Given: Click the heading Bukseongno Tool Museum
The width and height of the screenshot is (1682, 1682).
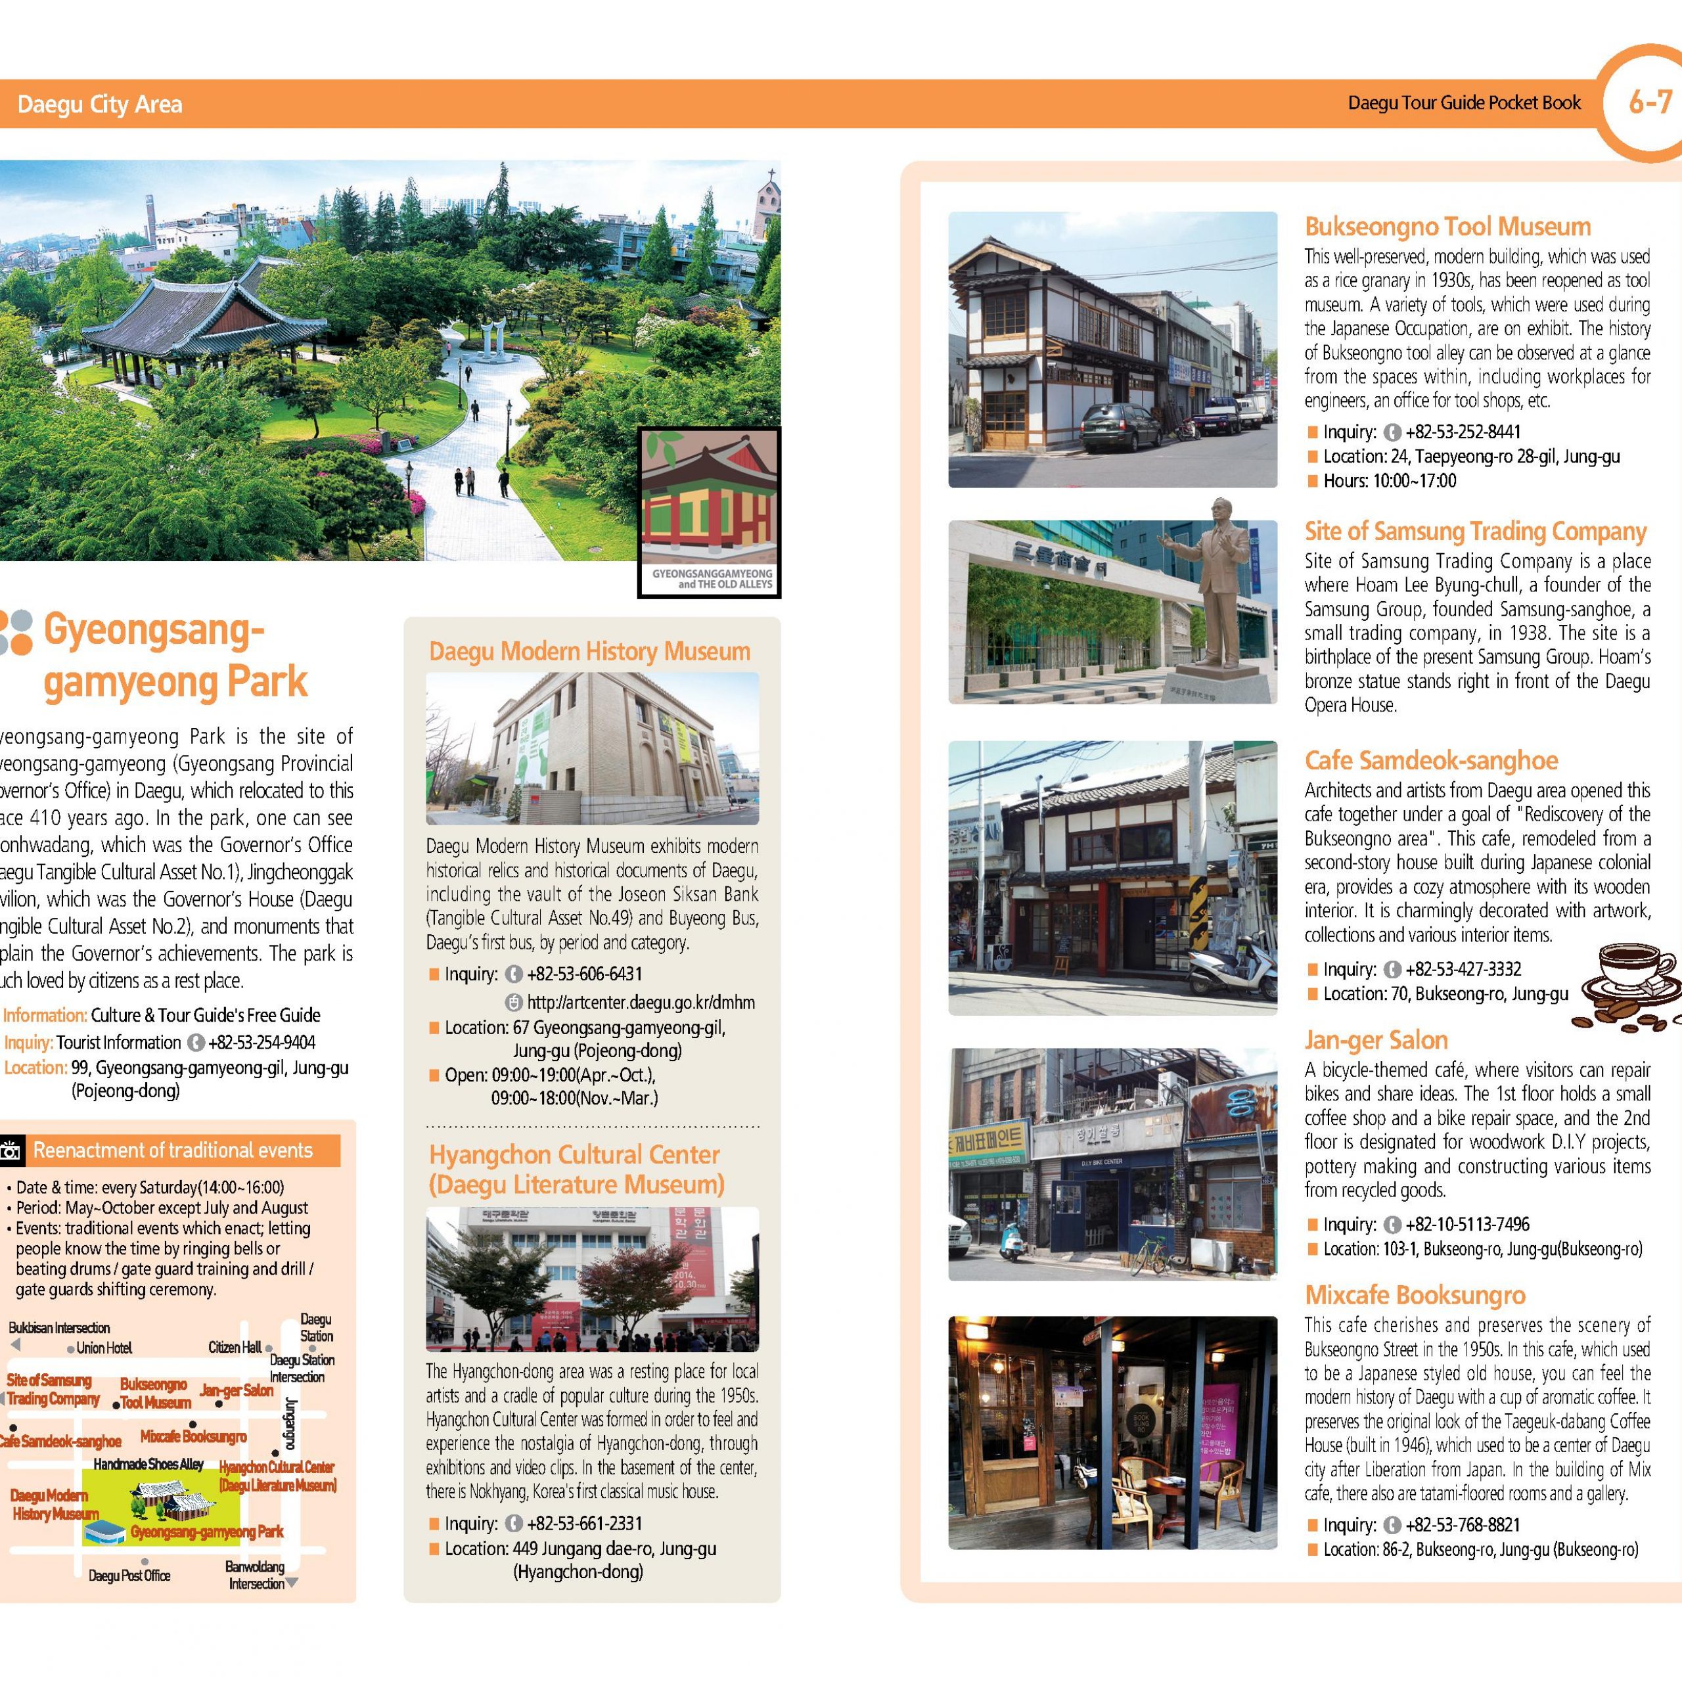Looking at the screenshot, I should click(1447, 227).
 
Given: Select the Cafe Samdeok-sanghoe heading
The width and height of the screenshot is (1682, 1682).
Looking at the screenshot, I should click(1430, 760).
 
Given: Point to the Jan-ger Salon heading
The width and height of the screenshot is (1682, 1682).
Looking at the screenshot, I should click(1376, 1039).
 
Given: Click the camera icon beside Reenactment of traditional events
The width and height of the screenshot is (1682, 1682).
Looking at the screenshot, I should click(11, 1152).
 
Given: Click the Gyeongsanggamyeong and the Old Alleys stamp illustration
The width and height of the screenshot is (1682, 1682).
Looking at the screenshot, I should click(710, 512).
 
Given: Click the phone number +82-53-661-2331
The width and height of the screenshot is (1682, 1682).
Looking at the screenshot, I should click(584, 1523).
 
